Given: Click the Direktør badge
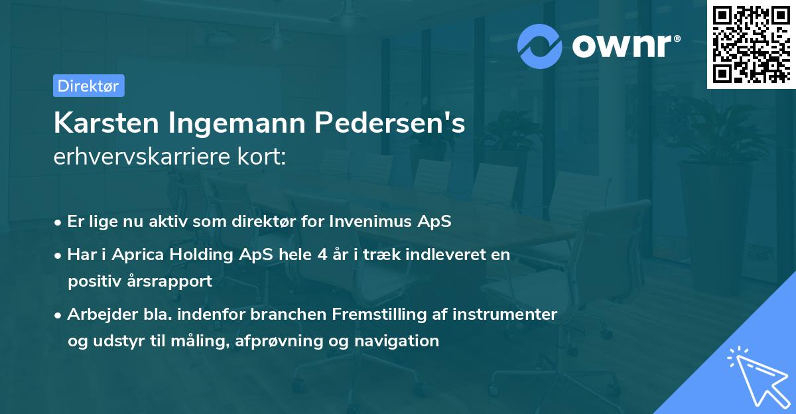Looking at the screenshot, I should tap(88, 86).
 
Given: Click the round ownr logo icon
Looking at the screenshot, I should tap(540, 46).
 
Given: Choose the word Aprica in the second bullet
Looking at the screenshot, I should tap(135, 255).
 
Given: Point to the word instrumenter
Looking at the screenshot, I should tap(505, 314).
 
